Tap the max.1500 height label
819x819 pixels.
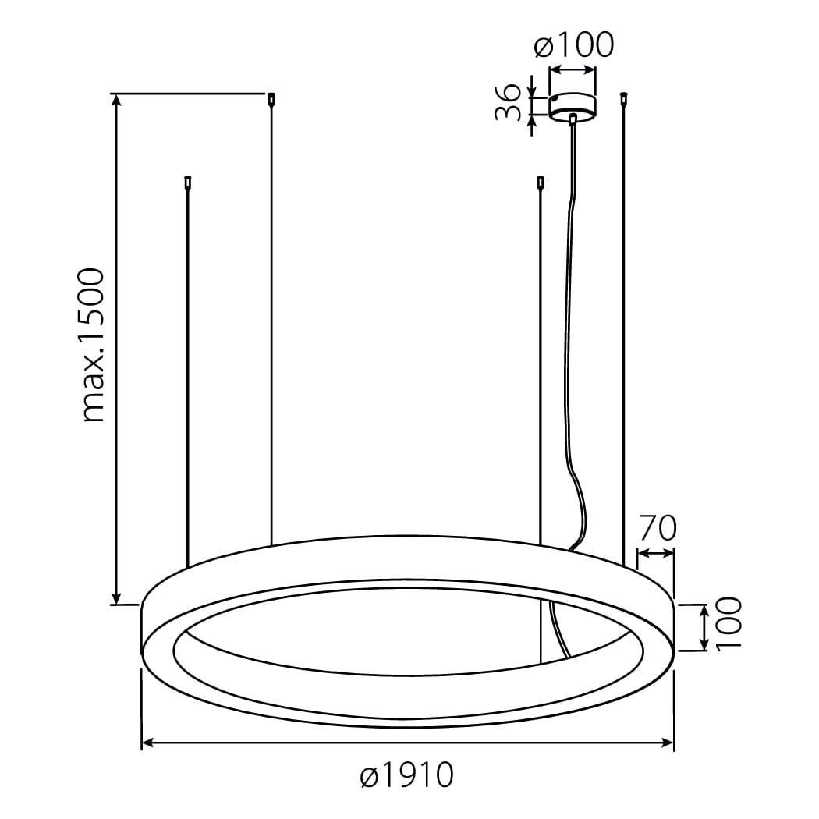click(x=94, y=346)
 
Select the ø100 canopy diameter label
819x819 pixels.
click(x=573, y=45)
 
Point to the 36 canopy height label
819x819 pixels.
click(x=509, y=102)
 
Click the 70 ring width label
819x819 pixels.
click(x=658, y=528)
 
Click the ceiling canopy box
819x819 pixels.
click(x=573, y=107)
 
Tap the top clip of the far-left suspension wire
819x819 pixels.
click(x=187, y=183)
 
